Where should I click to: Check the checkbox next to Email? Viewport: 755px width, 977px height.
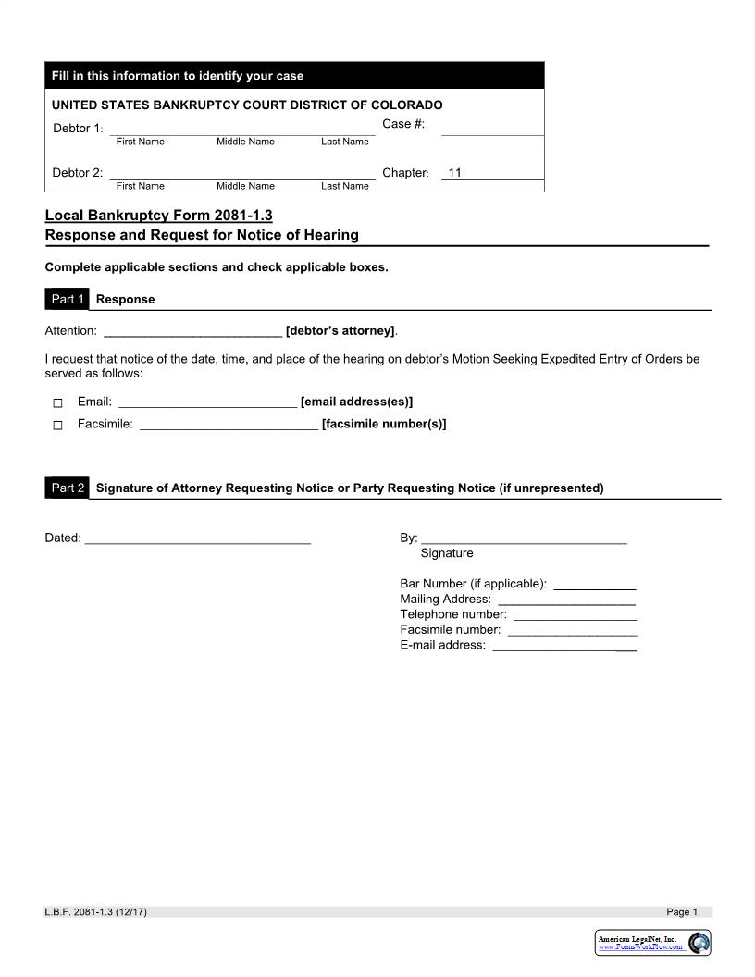point(57,403)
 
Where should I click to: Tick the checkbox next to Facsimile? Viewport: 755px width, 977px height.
point(57,426)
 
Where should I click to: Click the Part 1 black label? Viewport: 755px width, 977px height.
point(67,299)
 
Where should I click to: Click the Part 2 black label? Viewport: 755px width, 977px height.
point(67,488)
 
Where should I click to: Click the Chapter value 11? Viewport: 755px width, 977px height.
point(455,173)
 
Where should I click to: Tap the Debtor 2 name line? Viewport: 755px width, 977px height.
point(242,173)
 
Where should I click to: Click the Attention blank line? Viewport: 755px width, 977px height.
point(192,331)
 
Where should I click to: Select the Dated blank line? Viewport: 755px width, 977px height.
point(197,538)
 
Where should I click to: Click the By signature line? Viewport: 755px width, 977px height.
point(524,538)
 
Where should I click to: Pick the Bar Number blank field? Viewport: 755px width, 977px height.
point(594,584)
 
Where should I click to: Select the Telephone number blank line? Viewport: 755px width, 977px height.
point(575,614)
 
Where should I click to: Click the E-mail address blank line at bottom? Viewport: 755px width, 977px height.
point(564,646)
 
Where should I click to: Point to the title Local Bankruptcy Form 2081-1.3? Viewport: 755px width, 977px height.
point(159,216)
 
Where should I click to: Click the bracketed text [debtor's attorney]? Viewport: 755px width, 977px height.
point(340,331)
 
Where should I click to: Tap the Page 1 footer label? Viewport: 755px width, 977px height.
point(682,912)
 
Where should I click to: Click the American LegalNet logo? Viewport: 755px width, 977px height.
point(652,943)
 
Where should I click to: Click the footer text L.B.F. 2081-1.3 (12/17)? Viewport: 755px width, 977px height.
point(95,912)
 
